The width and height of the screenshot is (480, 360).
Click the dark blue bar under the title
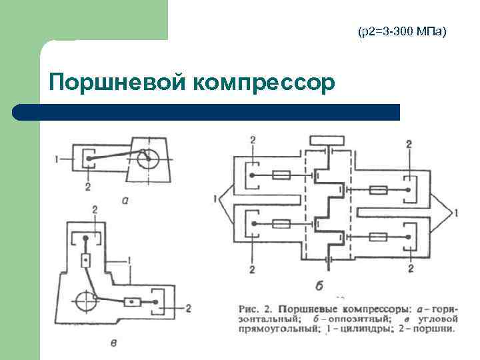(207, 112)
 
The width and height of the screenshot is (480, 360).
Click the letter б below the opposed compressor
(319, 285)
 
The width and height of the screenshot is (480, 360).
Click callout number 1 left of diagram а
(59, 159)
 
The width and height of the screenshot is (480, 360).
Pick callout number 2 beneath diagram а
(87, 187)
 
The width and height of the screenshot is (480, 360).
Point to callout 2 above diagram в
(95, 211)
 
